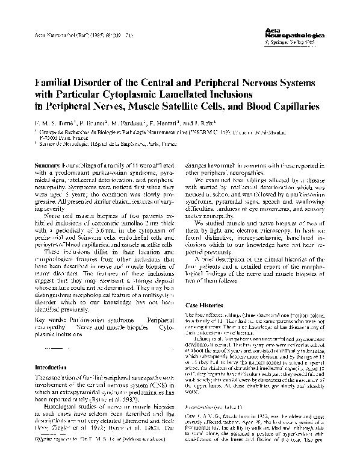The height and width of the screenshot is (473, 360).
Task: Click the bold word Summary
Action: [x=48, y=164]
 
